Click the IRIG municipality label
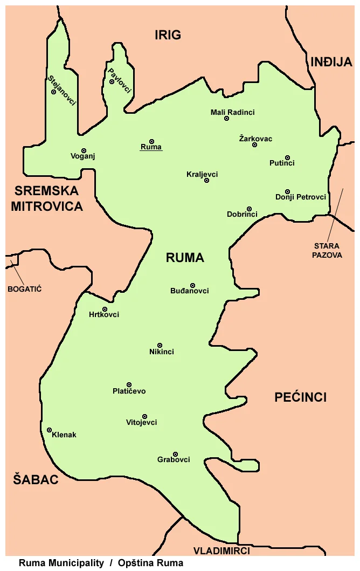tap(168, 36)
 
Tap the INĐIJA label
tap(331, 63)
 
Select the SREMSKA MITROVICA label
tap(47, 198)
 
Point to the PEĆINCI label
tap(300, 397)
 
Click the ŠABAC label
tap(36, 479)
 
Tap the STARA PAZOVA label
tap(327, 251)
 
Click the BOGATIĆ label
tap(24, 288)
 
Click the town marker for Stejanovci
tap(53, 92)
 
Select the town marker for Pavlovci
tap(112, 82)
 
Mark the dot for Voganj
tap(84, 150)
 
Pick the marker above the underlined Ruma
tap(151, 141)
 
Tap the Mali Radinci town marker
tap(226, 119)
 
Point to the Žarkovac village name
tap(255, 139)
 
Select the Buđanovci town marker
tap(192, 285)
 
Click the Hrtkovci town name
tap(104, 315)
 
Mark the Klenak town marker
tap(49, 430)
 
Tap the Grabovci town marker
tap(175, 454)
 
